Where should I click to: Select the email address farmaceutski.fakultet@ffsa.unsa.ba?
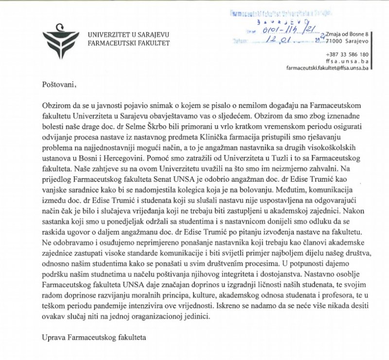point(328,69)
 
